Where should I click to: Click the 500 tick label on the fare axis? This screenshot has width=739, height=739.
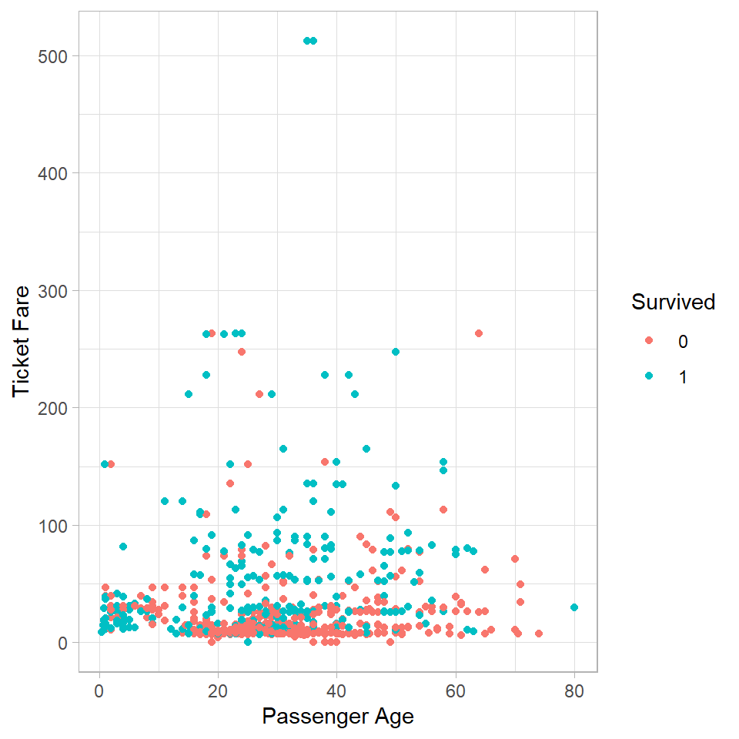52,56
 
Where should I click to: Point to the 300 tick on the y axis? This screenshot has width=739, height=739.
52,291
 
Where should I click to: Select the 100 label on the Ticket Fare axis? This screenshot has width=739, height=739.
52,526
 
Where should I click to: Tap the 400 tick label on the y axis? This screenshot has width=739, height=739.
52,173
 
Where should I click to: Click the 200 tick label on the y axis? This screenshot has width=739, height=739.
52,408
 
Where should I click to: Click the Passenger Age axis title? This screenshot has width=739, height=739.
338,717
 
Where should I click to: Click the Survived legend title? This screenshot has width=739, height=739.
673,303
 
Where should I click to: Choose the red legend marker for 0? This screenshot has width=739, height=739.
648,341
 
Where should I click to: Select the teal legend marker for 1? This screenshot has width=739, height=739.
648,376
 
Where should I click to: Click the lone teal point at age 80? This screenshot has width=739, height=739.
574,607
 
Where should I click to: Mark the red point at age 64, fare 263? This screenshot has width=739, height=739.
479,333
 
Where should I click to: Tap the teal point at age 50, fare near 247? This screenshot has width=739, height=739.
396,352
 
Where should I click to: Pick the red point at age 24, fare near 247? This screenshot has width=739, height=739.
242,352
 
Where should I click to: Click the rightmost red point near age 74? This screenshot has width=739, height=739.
539,634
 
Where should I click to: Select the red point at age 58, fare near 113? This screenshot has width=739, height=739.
443,509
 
